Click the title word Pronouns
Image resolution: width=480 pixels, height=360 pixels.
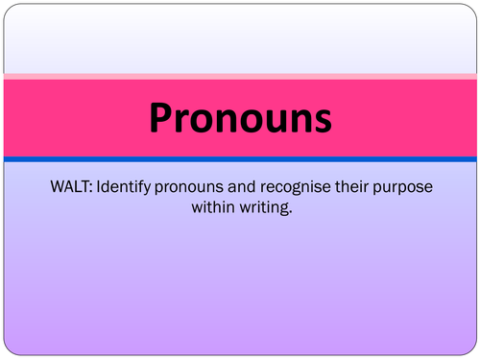[240, 118]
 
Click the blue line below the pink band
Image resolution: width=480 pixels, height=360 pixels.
[240, 158]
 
